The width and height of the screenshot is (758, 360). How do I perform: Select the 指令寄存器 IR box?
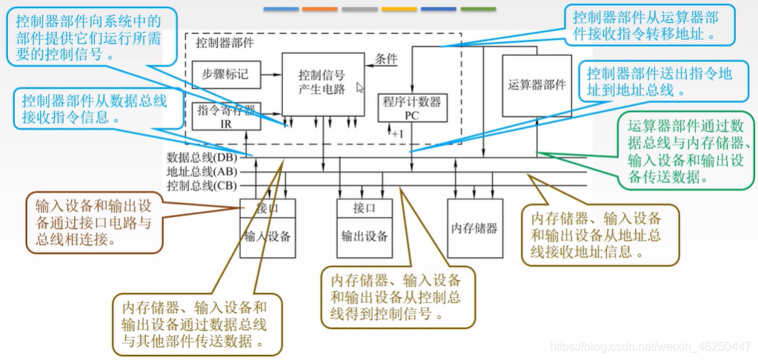tap(226, 116)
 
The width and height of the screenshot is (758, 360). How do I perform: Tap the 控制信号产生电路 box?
tap(322, 83)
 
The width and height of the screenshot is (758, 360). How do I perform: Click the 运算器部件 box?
tap(537, 84)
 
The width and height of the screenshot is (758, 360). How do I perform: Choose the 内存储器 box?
tap(473, 227)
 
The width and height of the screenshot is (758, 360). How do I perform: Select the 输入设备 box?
tap(267, 236)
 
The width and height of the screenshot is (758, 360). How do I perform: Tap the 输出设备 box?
tap(364, 236)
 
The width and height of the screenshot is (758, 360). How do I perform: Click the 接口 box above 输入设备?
tap(267, 208)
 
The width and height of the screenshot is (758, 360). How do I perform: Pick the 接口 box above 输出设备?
tap(364, 208)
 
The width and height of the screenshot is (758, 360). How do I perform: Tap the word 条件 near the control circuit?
tap(386, 59)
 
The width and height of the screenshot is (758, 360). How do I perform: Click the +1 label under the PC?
tap(397, 133)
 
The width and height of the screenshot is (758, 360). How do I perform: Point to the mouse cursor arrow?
tap(360, 87)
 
